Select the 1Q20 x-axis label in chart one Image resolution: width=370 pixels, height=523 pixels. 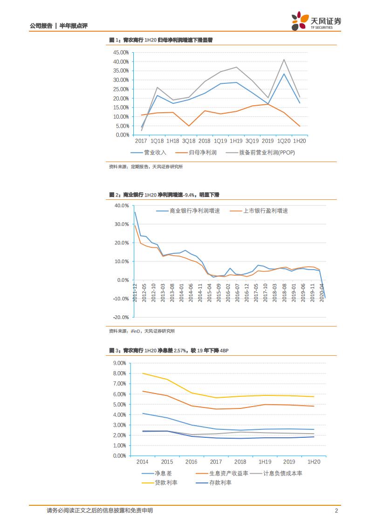click(284, 141)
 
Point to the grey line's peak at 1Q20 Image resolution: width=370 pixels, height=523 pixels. click(284, 59)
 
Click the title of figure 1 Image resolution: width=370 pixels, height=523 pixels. click(161, 40)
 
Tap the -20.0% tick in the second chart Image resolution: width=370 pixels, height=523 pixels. click(121, 317)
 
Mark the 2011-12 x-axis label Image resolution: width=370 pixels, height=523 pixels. click(135, 293)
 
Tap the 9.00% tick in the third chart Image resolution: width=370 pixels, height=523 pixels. click(120, 363)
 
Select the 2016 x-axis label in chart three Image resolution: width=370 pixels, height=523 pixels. click(191, 462)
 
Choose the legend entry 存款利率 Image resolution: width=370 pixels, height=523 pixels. click(221, 482)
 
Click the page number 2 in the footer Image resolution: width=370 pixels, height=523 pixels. click(336, 510)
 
